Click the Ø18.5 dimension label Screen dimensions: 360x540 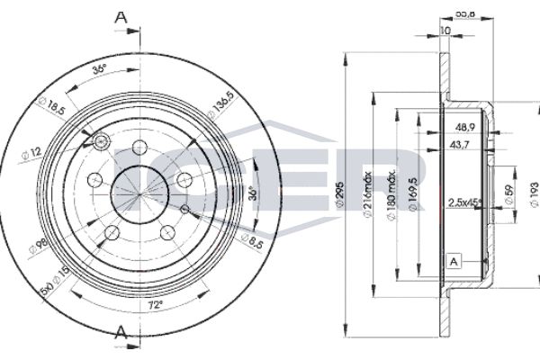55,108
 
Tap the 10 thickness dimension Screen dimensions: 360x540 445,31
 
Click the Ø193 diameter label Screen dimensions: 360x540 531,191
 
